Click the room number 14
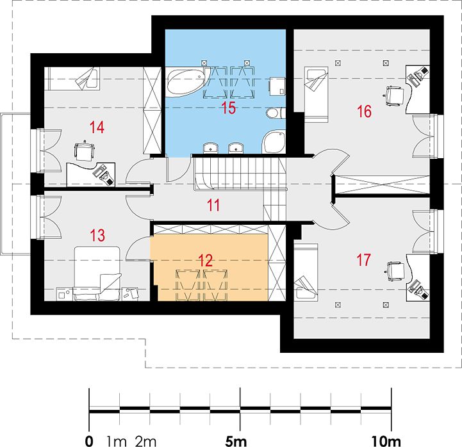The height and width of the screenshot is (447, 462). [x=97, y=127]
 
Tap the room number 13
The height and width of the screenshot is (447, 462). [x=97, y=235]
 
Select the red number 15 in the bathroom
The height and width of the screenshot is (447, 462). [x=229, y=108]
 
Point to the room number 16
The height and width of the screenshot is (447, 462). [x=364, y=111]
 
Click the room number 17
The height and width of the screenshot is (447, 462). [x=363, y=260]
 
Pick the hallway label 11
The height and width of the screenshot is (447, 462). [x=213, y=205]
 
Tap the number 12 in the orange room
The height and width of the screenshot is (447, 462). [x=205, y=260]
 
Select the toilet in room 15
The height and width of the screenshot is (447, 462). [x=274, y=113]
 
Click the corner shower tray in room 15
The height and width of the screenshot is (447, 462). [x=274, y=143]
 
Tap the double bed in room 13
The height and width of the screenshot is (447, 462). [x=97, y=273]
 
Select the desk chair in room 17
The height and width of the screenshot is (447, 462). [x=395, y=272]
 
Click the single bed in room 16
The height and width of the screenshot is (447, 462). [x=316, y=95]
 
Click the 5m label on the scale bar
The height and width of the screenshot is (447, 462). [x=236, y=441]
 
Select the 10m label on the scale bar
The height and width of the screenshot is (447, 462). [x=386, y=441]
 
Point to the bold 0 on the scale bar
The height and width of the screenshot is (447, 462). [x=89, y=441]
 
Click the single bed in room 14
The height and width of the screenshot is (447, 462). [x=72, y=79]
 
